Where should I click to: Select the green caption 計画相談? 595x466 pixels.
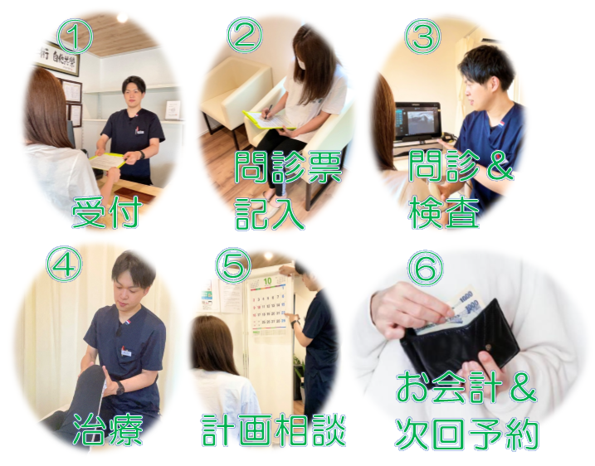[x=274, y=429]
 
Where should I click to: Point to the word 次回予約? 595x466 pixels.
[x=467, y=433]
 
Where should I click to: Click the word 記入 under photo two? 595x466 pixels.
[x=270, y=212]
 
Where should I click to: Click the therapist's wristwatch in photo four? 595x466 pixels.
[x=120, y=387]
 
